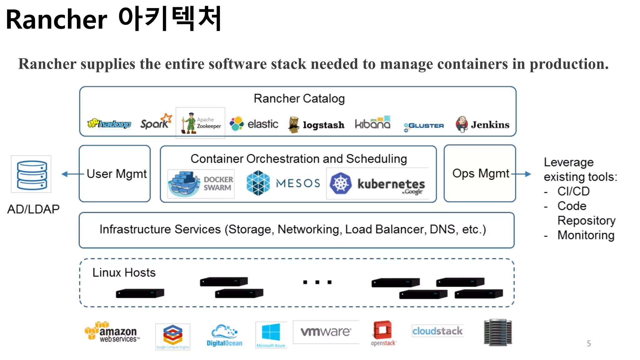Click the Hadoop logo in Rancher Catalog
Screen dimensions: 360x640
pyautogui.click(x=109, y=124)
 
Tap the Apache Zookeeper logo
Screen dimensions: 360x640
pyautogui.click(x=201, y=123)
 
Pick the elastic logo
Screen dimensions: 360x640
pyautogui.click(x=254, y=124)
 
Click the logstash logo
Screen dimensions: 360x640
pyautogui.click(x=316, y=124)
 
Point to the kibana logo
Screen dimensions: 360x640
pyautogui.click(x=372, y=123)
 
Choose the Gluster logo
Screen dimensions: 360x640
pyautogui.click(x=423, y=126)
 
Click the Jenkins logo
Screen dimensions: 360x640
pyautogui.click(x=482, y=124)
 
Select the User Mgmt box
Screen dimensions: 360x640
pyautogui.click(x=115, y=174)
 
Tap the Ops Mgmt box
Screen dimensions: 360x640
pyautogui.click(x=480, y=173)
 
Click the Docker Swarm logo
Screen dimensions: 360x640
pyautogui.click(x=201, y=184)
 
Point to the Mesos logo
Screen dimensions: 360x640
pyautogui.click(x=283, y=183)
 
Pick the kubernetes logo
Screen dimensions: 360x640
pyautogui.click(x=377, y=184)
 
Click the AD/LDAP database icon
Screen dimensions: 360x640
pyautogui.click(x=31, y=174)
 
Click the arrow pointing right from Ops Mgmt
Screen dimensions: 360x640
pyautogui.click(x=522, y=174)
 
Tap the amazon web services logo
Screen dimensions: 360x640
pyautogui.click(x=112, y=332)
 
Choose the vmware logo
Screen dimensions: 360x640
pyautogui.click(x=326, y=332)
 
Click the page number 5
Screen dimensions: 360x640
pyautogui.click(x=589, y=343)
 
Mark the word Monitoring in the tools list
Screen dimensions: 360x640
pyautogui.click(x=586, y=235)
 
